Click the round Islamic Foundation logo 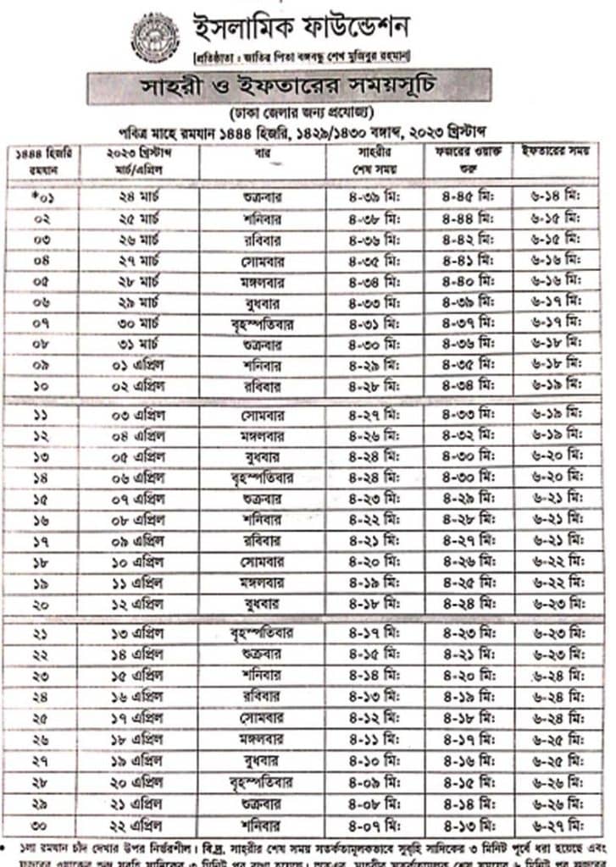click(155, 37)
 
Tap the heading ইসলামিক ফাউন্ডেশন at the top click(302, 28)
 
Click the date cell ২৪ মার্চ click(138, 197)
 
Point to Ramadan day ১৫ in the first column click(42, 498)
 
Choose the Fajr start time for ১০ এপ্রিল click(467, 562)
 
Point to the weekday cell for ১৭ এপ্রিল click(262, 718)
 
